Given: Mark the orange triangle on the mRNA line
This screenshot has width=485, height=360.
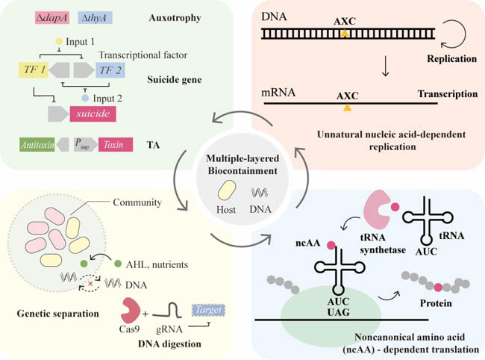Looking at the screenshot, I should pos(346,109).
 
